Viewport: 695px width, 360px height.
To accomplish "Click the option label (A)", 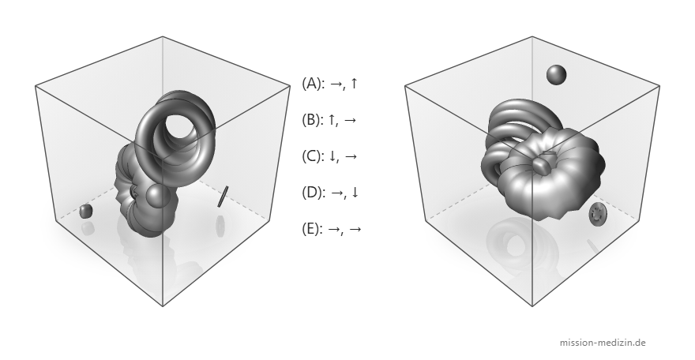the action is tap(312, 83).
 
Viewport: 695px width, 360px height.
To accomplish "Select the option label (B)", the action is tap(312, 119).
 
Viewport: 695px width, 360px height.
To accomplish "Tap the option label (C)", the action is tap(312, 156).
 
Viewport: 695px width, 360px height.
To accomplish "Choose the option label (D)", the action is tap(312, 192).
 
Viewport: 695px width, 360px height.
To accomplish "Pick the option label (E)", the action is tap(312, 228).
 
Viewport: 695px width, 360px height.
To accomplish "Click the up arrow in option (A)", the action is tap(353, 83).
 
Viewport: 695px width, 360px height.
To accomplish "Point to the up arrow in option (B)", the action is tap(331, 119).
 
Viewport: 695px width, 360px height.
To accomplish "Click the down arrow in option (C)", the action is tap(331, 156).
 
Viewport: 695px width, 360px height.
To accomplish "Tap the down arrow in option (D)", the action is tap(354, 192).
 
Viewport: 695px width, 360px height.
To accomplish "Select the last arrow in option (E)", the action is tap(355, 229).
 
